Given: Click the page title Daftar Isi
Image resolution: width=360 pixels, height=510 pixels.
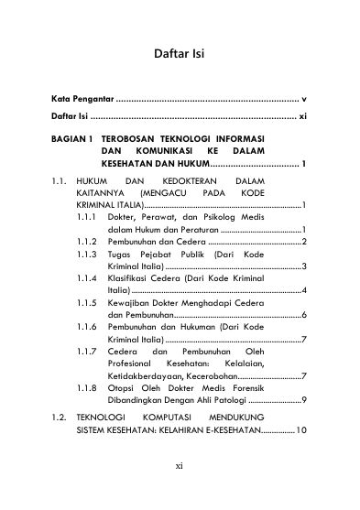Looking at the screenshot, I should pyautogui.click(x=180, y=54).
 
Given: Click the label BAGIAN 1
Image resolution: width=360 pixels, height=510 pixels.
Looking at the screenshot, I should pyautogui.click(x=72, y=137).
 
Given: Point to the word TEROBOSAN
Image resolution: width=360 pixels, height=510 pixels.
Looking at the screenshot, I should pyautogui.click(x=135, y=137).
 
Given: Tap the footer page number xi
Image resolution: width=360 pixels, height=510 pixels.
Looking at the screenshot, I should pyautogui.click(x=180, y=492).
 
